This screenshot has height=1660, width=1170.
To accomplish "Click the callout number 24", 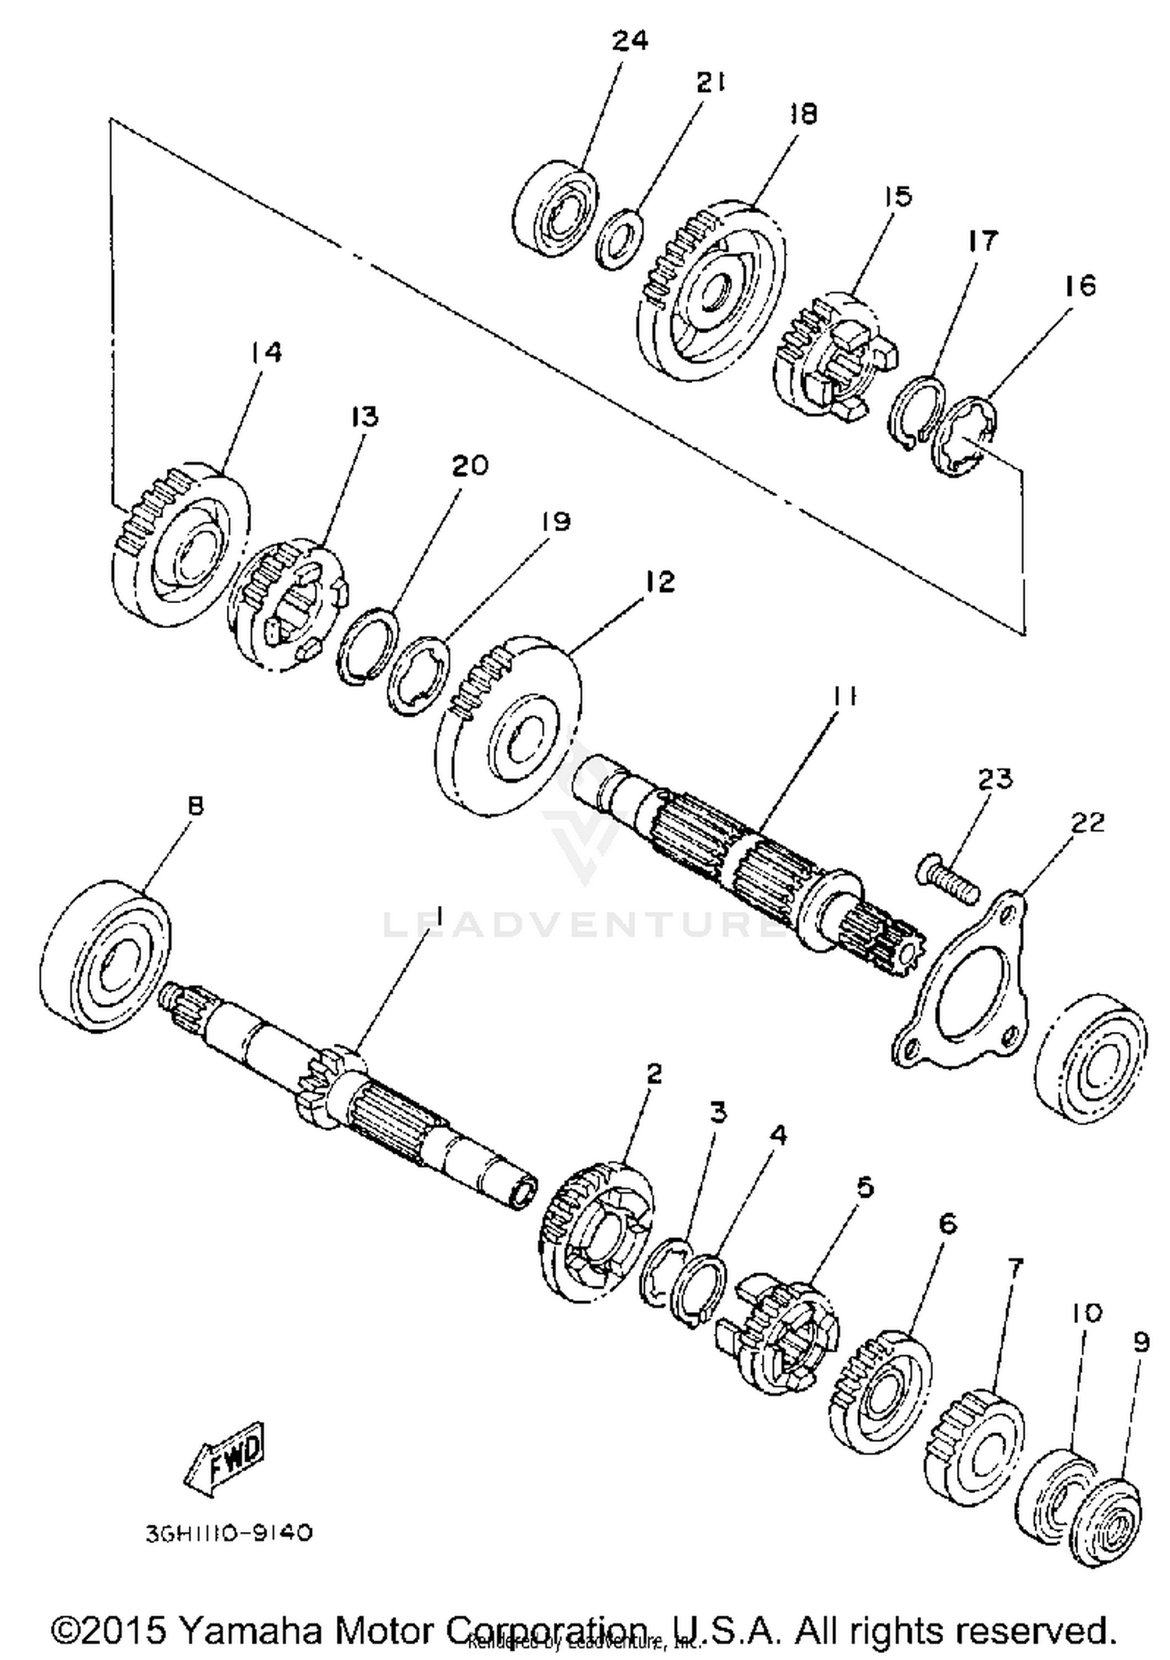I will coord(629,41).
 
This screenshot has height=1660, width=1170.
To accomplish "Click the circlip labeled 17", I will coord(917,413).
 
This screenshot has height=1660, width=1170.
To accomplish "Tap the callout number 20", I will coord(470,466).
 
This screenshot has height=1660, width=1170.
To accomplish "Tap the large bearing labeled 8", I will coord(105,956).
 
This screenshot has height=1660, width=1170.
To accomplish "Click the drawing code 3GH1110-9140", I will coord(229,1533).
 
